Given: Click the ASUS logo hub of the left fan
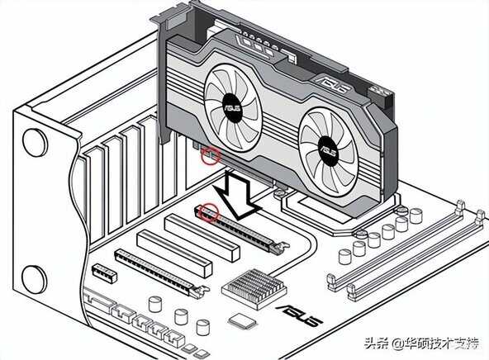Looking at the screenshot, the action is click(232, 108).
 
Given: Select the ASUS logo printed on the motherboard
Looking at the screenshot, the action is click(300, 315).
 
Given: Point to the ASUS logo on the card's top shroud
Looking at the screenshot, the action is click(333, 83).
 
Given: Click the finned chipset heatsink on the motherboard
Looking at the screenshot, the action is click(254, 289).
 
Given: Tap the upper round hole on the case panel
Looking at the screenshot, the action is click(35, 143).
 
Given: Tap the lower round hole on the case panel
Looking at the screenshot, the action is click(35, 279).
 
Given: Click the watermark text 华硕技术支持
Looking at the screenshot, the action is click(441, 343).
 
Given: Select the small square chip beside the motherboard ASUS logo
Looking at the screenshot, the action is click(242, 320).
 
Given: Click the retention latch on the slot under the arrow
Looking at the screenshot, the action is click(280, 248).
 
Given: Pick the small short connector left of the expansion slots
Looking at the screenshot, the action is click(104, 273).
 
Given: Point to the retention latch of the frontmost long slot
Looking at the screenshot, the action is click(200, 292).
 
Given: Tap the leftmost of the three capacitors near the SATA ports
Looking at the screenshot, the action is click(155, 304).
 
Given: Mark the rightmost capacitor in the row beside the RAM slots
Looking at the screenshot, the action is click(416, 216).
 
